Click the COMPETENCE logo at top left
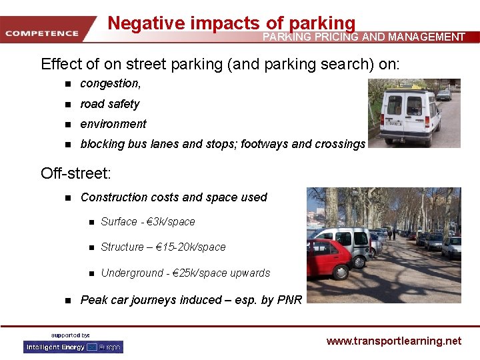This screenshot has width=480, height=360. pos(41,33)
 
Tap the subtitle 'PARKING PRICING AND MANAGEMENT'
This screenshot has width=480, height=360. pos(363,37)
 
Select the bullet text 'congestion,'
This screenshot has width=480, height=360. pos(110,83)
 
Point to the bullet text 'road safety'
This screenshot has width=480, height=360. pos(109,104)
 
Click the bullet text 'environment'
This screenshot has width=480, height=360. pos(113,124)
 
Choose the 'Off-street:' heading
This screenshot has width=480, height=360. pos(76,173)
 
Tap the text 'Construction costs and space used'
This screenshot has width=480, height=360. pos(173,197)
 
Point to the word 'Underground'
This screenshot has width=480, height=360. pos(131,273)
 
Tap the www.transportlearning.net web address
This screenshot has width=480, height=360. pos(393,341)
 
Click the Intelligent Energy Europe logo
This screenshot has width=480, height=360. pos(73,347)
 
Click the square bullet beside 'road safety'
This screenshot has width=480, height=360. pos(67,105)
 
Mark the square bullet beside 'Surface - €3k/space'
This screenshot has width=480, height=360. pos(89,222)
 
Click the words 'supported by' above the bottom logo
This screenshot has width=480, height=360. pos(71,335)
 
